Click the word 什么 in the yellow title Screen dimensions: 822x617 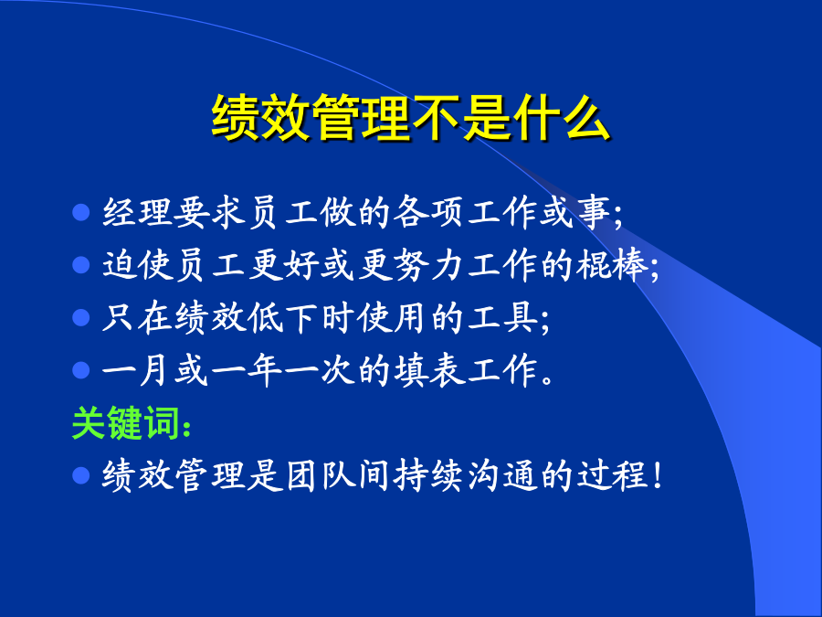(x=562, y=118)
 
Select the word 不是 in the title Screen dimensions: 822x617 (x=461, y=118)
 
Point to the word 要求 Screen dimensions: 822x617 (x=210, y=212)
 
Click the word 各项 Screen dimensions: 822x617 (x=429, y=212)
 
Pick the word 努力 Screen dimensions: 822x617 (x=429, y=264)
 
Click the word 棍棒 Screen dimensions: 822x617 (x=612, y=264)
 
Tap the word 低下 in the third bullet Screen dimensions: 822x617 (x=283, y=317)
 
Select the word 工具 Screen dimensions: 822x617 (x=502, y=317)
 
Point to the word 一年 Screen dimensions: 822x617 (x=247, y=370)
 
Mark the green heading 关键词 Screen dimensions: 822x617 (x=126, y=423)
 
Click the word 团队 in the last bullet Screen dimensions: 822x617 (x=320, y=475)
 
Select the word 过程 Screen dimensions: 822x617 (x=612, y=475)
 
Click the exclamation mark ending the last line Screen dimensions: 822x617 (x=658, y=475)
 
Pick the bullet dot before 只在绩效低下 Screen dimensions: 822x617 (x=80, y=317)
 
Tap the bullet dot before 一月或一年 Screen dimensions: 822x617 (x=80, y=370)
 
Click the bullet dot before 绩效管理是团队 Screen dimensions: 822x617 (x=80, y=475)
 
